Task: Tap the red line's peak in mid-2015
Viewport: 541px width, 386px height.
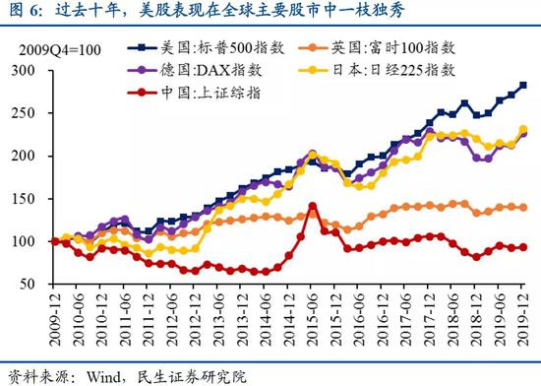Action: (x=313, y=207)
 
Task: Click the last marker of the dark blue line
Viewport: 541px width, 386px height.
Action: (x=522, y=86)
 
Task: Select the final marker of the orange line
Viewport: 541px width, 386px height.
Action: (x=522, y=208)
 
